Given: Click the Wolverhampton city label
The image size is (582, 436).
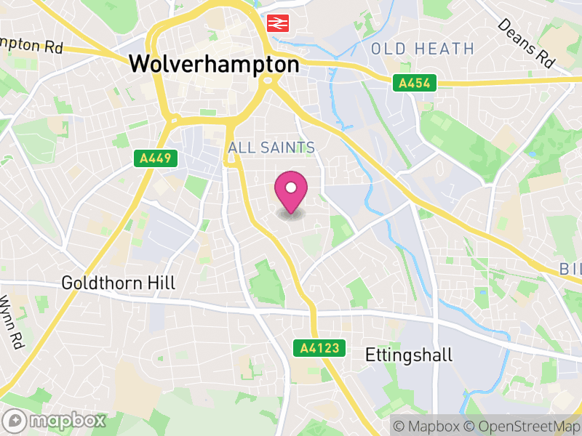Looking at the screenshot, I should point(214,64).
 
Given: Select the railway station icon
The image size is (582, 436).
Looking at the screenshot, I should point(276,23).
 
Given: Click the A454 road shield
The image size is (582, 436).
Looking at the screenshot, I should point(415,84).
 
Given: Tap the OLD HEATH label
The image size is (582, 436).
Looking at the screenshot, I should point(422,49).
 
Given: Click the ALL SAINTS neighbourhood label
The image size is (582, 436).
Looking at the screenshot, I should point(271,148).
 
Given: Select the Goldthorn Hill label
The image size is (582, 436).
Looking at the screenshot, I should point(119,283).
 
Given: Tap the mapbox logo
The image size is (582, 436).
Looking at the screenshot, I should point(55,420).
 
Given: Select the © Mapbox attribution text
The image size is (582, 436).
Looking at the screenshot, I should point(429,425).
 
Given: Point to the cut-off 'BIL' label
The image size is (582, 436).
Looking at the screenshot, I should point(571,270).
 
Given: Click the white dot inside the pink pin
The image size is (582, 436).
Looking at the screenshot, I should point(291,188).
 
